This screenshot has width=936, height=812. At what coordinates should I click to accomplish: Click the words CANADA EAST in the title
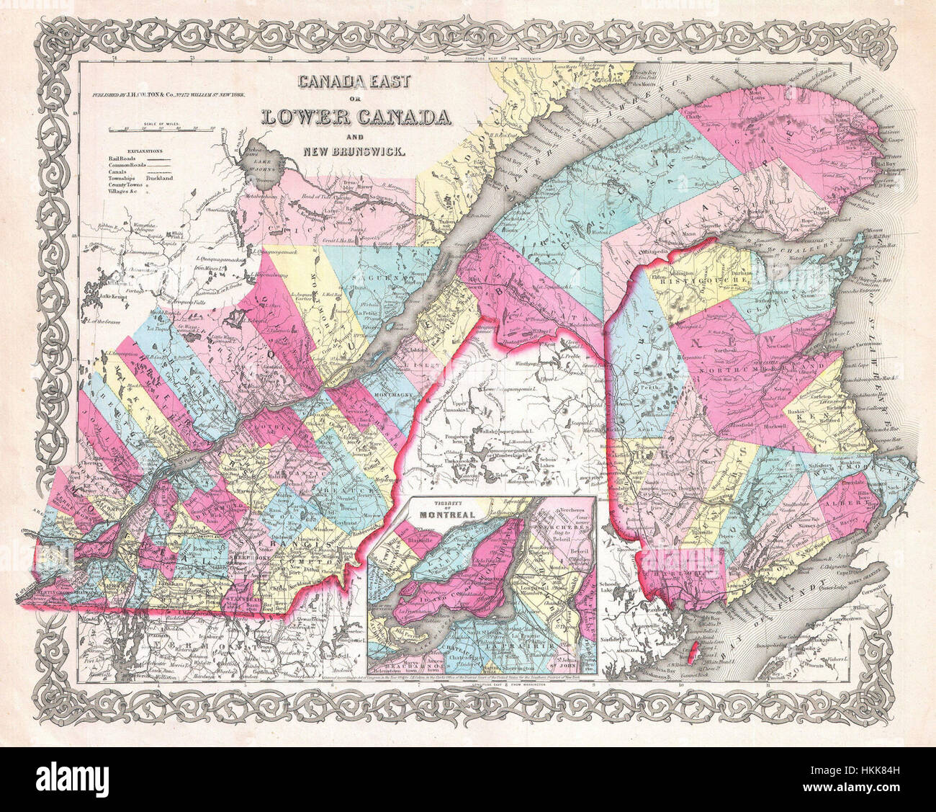tap(356, 81)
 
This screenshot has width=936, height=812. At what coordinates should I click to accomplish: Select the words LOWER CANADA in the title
tap(356, 115)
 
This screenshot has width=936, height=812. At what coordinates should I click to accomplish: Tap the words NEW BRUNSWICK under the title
tap(356, 152)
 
